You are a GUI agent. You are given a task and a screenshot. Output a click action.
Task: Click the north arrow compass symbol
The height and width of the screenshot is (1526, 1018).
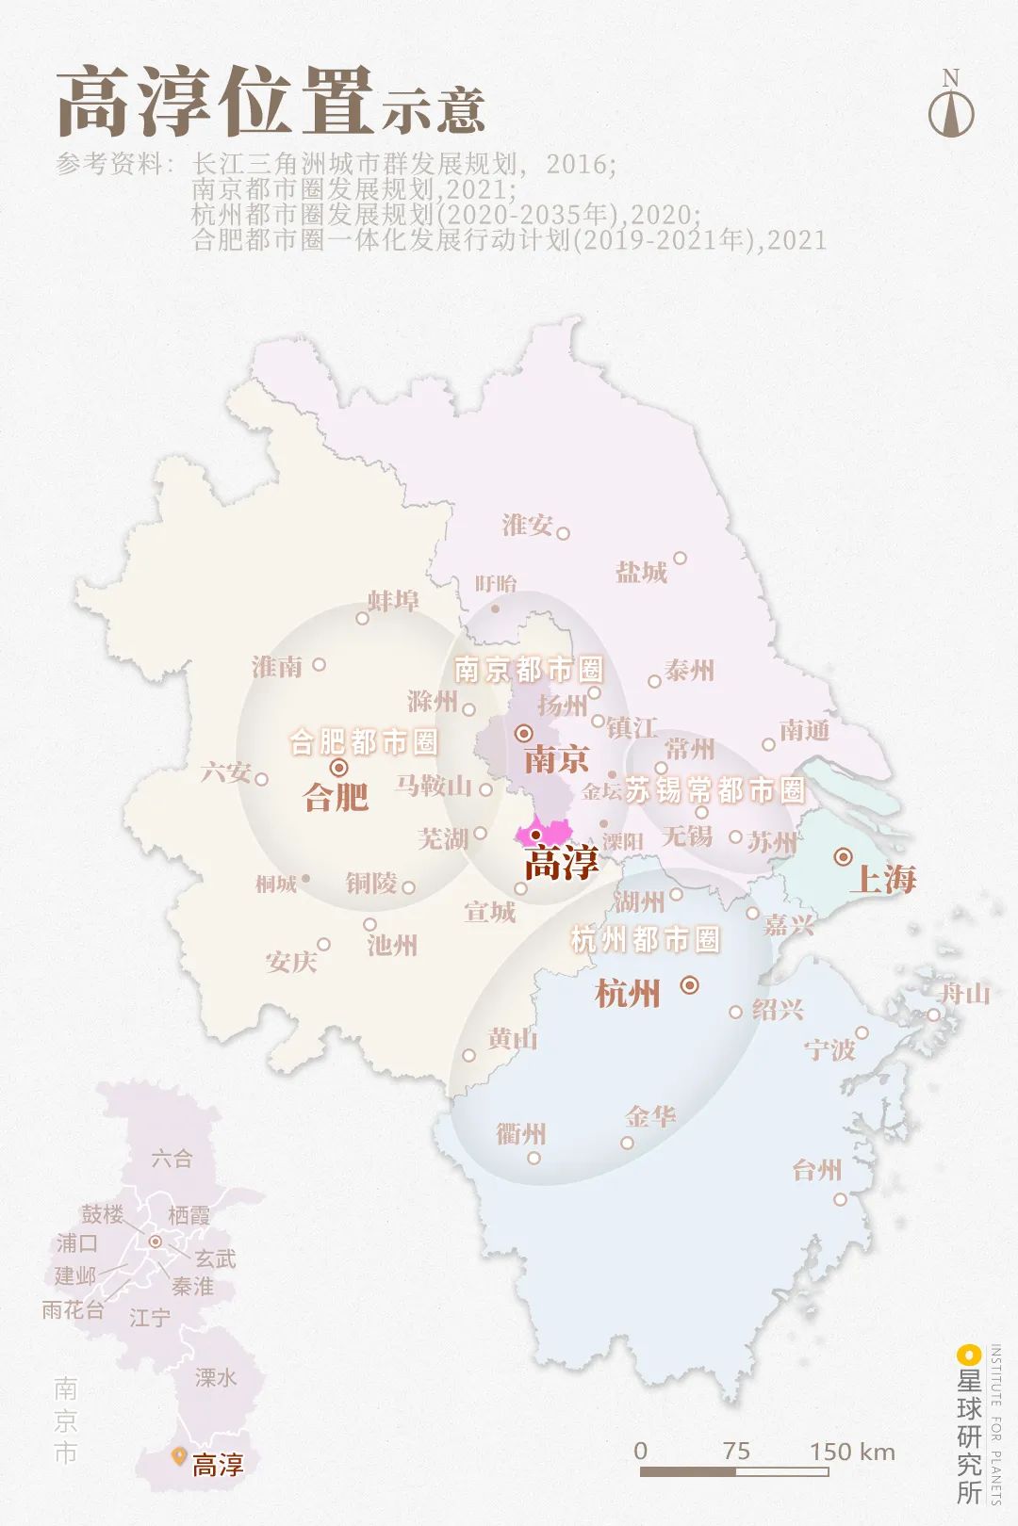pyautogui.click(x=951, y=106)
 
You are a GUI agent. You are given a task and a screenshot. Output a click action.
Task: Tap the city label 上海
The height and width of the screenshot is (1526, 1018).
pyautogui.click(x=882, y=879)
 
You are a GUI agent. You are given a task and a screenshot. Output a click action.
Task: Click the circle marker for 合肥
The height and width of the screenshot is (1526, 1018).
pyautogui.click(x=339, y=768)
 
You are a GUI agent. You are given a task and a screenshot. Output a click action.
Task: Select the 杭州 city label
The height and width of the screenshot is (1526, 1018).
pyautogui.click(x=628, y=993)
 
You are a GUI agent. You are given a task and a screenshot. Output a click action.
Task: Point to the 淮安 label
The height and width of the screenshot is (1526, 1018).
pyautogui.click(x=527, y=525)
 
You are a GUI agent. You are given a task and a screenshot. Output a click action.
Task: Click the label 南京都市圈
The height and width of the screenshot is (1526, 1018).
pyautogui.click(x=528, y=670)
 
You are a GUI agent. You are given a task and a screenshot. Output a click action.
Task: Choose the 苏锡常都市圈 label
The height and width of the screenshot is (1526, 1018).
pyautogui.click(x=714, y=790)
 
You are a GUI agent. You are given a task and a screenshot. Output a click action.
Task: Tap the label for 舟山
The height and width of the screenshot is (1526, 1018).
pyautogui.click(x=965, y=993)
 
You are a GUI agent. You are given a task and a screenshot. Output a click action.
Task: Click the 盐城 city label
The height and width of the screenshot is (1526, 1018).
pyautogui.click(x=641, y=572)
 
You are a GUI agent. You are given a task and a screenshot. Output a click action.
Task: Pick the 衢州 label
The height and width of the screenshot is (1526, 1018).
pyautogui.click(x=521, y=1133)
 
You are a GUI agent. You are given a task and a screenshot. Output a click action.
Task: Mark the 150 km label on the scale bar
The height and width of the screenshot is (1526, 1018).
pyautogui.click(x=852, y=1452)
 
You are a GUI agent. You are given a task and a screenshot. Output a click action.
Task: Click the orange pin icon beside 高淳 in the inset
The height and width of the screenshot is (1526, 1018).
pyautogui.click(x=178, y=1456)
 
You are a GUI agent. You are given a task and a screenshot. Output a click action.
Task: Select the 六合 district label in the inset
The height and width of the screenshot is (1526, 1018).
pyautogui.click(x=172, y=1159)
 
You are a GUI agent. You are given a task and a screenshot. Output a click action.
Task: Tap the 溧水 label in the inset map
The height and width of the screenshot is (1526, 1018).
pyautogui.click(x=216, y=1377)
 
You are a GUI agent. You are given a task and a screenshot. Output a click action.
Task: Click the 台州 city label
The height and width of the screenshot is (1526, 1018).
pyautogui.click(x=816, y=1170)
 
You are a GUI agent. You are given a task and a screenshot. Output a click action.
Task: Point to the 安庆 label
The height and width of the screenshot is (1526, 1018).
pyautogui.click(x=291, y=962)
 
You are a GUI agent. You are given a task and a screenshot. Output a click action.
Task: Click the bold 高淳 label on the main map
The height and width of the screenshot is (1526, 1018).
pyautogui.click(x=561, y=863)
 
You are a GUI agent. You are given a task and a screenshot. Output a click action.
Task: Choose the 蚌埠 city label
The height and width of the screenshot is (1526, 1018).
pyautogui.click(x=393, y=601)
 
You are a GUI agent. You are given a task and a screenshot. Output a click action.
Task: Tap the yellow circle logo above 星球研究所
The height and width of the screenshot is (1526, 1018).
pyautogui.click(x=968, y=1356)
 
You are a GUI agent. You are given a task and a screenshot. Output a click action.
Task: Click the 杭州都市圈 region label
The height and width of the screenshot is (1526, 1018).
pyautogui.click(x=646, y=939)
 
